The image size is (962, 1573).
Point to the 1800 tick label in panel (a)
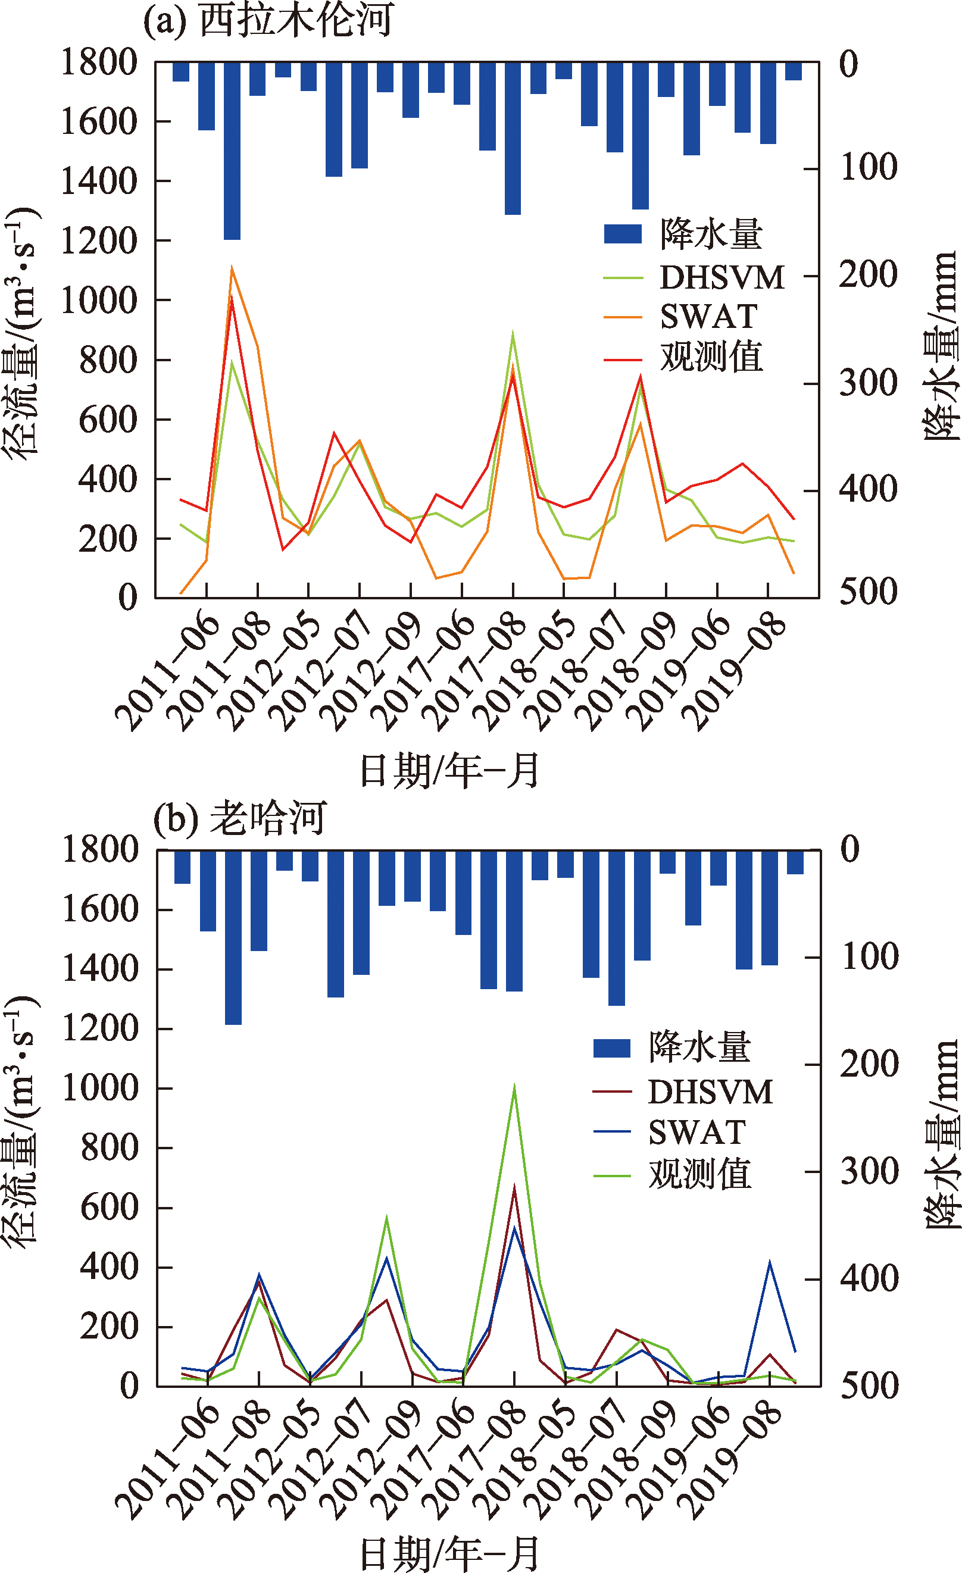coord(99,63)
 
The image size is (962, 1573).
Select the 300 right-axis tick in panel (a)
coord(868,383)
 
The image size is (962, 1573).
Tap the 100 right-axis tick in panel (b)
coord(870,957)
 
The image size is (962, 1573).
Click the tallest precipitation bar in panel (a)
coord(232,151)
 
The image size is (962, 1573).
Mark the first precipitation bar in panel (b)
coord(183,867)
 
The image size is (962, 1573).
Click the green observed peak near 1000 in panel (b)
coord(514,1087)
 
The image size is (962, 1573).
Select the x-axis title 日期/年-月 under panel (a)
coord(450,771)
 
